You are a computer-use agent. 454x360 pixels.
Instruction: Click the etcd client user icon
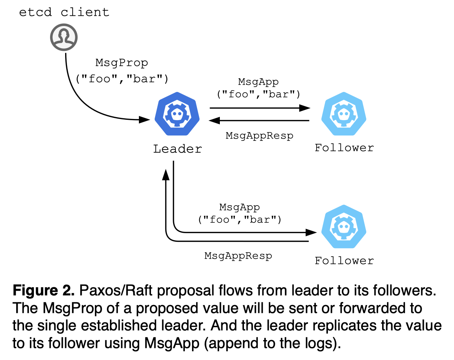64,37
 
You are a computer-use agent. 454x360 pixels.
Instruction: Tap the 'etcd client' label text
64,12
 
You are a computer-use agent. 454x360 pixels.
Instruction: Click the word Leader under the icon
177,149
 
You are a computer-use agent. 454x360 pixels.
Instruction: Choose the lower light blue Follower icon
343,227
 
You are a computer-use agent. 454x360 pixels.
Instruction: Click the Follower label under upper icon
344,148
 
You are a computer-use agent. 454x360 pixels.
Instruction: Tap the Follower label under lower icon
344,261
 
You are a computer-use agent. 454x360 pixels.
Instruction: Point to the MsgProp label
122,63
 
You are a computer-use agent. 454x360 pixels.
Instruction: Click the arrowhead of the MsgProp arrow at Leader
145,120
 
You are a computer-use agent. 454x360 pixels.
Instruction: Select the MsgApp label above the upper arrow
258,82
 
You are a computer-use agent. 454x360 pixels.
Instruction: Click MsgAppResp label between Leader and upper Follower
259,136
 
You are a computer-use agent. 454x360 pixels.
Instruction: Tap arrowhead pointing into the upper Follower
305,108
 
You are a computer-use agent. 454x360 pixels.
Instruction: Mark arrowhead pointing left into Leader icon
215,121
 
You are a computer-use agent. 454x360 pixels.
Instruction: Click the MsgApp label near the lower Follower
239,207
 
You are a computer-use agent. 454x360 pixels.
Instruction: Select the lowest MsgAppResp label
238,256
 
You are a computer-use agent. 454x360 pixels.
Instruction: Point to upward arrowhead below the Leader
166,174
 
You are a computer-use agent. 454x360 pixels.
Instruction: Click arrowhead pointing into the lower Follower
311,232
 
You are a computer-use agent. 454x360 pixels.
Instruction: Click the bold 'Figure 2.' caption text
43,291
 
